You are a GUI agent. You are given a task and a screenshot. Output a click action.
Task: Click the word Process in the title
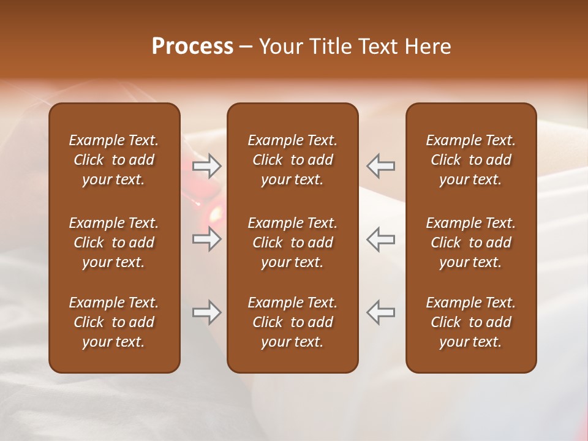pyautogui.click(x=192, y=47)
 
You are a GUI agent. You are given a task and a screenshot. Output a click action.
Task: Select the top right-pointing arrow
pyautogui.click(x=207, y=165)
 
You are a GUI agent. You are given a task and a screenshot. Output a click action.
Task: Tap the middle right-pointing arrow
pyautogui.click(x=207, y=238)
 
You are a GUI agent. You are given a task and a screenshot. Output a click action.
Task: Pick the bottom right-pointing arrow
pyautogui.click(x=207, y=312)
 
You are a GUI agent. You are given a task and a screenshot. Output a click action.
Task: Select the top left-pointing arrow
pyautogui.click(x=380, y=165)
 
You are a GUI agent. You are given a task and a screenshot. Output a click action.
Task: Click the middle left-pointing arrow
pyautogui.click(x=380, y=238)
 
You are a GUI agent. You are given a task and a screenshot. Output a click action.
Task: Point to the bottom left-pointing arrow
pyautogui.click(x=380, y=312)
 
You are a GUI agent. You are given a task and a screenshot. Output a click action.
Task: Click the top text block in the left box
pyautogui.click(x=114, y=160)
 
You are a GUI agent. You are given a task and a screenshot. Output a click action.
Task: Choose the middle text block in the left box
pyautogui.click(x=114, y=243)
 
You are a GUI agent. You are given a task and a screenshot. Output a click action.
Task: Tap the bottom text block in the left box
pyautogui.click(x=114, y=322)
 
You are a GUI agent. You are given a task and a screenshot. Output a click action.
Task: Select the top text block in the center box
pyautogui.click(x=292, y=160)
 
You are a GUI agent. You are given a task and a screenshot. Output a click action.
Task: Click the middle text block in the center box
pyautogui.click(x=292, y=243)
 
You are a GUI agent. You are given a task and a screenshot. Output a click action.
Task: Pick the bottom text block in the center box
pyautogui.click(x=292, y=322)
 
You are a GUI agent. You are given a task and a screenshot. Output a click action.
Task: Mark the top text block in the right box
pyautogui.click(x=470, y=160)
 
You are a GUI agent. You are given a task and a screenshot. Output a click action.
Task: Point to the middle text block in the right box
pyautogui.click(x=470, y=243)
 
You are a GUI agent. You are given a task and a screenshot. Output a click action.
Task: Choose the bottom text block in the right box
pyautogui.click(x=470, y=322)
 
